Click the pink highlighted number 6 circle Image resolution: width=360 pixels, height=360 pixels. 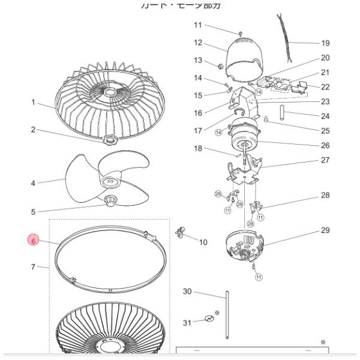coord(34,241)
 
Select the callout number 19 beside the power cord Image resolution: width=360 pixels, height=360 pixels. coord(325,43)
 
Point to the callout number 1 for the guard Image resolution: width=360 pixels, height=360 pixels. coord(34,103)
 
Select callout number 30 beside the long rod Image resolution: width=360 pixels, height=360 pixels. coord(187,292)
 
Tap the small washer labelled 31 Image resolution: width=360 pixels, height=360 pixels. coord(209,319)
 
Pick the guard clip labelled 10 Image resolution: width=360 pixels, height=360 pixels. coord(181,232)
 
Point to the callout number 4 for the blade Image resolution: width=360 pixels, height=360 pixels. coord(34,183)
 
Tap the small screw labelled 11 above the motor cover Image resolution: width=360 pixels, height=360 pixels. coord(239,32)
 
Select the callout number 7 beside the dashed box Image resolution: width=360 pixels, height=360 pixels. coord(34,267)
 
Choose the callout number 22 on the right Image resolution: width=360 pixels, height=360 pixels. coord(325,87)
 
